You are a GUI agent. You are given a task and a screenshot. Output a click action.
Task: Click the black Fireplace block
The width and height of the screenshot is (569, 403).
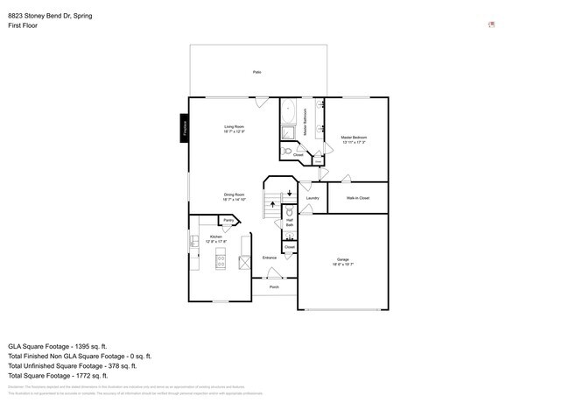tap(185, 128)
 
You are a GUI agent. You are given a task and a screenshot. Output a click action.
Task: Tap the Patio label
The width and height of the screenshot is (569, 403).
tap(256, 72)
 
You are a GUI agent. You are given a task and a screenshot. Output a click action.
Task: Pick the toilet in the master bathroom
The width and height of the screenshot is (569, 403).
tap(287, 151)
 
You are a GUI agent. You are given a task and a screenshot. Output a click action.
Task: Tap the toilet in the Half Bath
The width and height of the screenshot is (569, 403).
tap(289, 213)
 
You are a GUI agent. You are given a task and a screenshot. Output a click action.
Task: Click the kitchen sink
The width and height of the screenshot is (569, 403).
tap(193, 238)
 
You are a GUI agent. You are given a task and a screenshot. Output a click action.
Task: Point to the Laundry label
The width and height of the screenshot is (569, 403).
tap(312, 198)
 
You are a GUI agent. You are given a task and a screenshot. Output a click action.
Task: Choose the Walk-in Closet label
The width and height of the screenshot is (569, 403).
tap(357, 198)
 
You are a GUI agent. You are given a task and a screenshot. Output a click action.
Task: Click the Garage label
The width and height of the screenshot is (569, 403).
tap(342, 260)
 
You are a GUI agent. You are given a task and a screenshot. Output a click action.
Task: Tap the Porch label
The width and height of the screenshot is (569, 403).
tap(274, 287)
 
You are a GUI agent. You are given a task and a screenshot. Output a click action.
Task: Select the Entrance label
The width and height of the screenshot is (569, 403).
tap(270, 258)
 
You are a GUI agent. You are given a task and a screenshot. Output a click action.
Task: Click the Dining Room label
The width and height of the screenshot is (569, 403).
tap(234, 196)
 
